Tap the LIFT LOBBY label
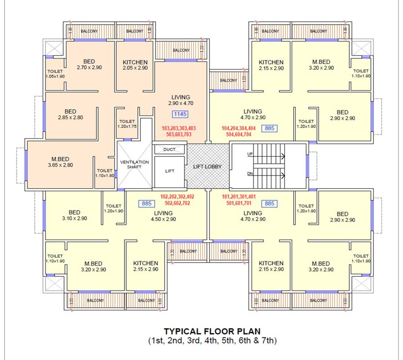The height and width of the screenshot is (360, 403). click(x=207, y=166)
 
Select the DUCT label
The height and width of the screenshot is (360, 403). click(x=169, y=149)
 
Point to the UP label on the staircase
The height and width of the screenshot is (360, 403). click(x=250, y=154)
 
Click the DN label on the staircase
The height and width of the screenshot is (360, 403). click(x=250, y=174)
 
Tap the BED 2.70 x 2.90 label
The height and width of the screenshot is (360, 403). click(x=89, y=64)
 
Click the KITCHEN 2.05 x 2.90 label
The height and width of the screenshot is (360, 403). click(x=135, y=65)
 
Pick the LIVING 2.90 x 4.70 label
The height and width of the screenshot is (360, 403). click(x=181, y=100)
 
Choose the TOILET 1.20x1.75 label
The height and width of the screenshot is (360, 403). click(x=127, y=124)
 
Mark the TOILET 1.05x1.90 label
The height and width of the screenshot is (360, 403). click(x=55, y=74)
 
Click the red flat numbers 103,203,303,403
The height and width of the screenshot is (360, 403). click(x=179, y=128)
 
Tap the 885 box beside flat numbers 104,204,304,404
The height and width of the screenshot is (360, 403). click(x=269, y=128)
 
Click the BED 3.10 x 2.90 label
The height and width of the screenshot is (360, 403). click(x=74, y=215)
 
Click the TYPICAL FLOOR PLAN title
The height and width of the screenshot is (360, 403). click(x=212, y=331)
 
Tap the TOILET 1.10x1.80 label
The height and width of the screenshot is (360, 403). click(x=104, y=173)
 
